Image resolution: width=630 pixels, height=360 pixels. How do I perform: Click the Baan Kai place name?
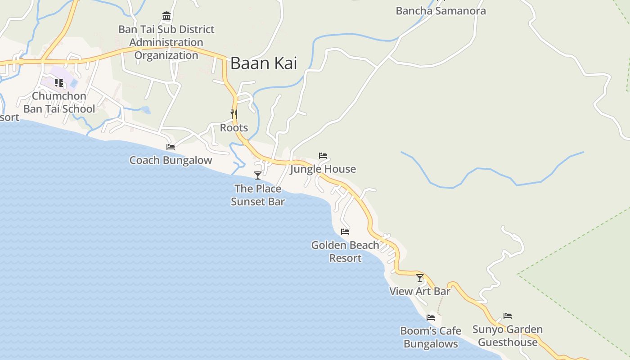coord(264,63)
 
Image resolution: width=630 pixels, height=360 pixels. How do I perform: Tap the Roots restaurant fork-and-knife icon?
coord(234,114)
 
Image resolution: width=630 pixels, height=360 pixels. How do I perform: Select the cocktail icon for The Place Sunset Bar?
coord(258,175)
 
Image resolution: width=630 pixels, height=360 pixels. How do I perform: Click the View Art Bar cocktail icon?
coord(420,278)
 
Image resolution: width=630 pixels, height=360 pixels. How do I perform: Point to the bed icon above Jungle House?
coord(323,156)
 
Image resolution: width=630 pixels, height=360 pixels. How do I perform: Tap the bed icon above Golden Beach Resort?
coord(345,232)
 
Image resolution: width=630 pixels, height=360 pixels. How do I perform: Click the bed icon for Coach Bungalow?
coord(171,147)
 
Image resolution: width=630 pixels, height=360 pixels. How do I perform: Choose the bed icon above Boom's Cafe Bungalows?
coord(431,318)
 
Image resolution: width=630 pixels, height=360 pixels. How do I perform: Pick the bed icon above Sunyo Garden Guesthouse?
coord(508,316)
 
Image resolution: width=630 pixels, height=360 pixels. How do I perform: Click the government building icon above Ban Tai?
coord(166,16)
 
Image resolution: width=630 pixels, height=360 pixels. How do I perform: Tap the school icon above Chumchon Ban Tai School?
coord(59,83)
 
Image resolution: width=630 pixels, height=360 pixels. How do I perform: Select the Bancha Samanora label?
coord(441,11)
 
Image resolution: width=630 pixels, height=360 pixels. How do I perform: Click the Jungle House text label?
coord(323,169)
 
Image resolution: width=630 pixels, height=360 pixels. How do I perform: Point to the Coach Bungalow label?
coord(171,160)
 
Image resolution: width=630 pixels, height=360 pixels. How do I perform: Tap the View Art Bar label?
coord(420,291)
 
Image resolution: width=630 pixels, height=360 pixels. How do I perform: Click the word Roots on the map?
coord(234,128)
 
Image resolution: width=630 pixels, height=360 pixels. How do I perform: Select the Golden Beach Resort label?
coord(345,252)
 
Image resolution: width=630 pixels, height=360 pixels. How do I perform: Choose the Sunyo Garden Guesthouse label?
coord(508,336)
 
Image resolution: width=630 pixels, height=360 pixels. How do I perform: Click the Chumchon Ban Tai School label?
coord(59,103)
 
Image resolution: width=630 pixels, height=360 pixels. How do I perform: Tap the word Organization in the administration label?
coord(166,55)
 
